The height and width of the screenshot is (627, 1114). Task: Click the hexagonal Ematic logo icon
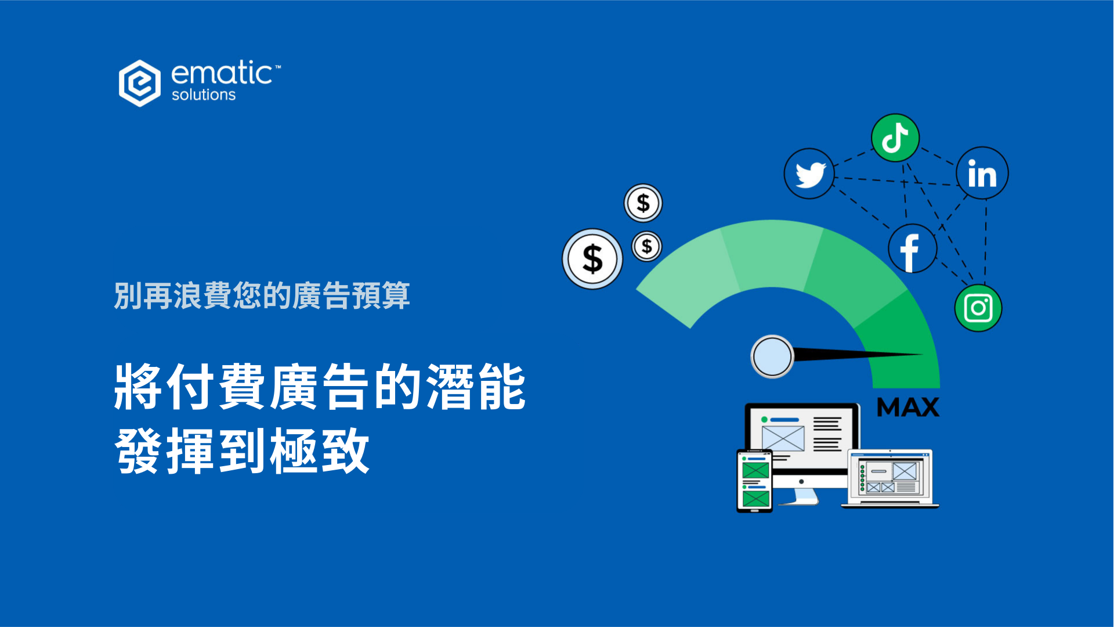pyautogui.click(x=140, y=83)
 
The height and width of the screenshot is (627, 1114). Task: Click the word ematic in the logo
pyautogui.click(x=222, y=73)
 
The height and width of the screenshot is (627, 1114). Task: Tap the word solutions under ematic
pyautogui.click(x=204, y=95)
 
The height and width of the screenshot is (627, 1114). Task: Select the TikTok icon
pyautogui.click(x=895, y=138)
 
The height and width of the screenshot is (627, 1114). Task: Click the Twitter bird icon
pyautogui.click(x=809, y=174)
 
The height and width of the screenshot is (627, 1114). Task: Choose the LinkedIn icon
pyautogui.click(x=982, y=173)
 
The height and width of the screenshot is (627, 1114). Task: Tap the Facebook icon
pyautogui.click(x=913, y=249)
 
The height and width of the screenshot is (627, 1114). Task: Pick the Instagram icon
pyautogui.click(x=978, y=308)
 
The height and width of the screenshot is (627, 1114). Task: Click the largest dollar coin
pyautogui.click(x=592, y=259)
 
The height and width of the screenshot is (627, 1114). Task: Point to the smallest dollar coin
pyautogui.click(x=646, y=246)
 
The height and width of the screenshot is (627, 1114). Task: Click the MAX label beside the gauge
pyautogui.click(x=908, y=407)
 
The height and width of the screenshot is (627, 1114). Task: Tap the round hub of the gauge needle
pyautogui.click(x=772, y=356)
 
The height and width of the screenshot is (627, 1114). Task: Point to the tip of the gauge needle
pyautogui.click(x=923, y=354)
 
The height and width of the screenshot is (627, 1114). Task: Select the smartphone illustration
pyautogui.click(x=755, y=481)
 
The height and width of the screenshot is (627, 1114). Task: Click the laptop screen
pyautogui.click(x=890, y=477)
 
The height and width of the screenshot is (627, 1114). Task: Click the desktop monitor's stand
pyautogui.click(x=800, y=496)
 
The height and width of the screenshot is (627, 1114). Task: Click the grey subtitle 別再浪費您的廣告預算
pyautogui.click(x=262, y=296)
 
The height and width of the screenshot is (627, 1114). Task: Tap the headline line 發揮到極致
pyautogui.click(x=242, y=451)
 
